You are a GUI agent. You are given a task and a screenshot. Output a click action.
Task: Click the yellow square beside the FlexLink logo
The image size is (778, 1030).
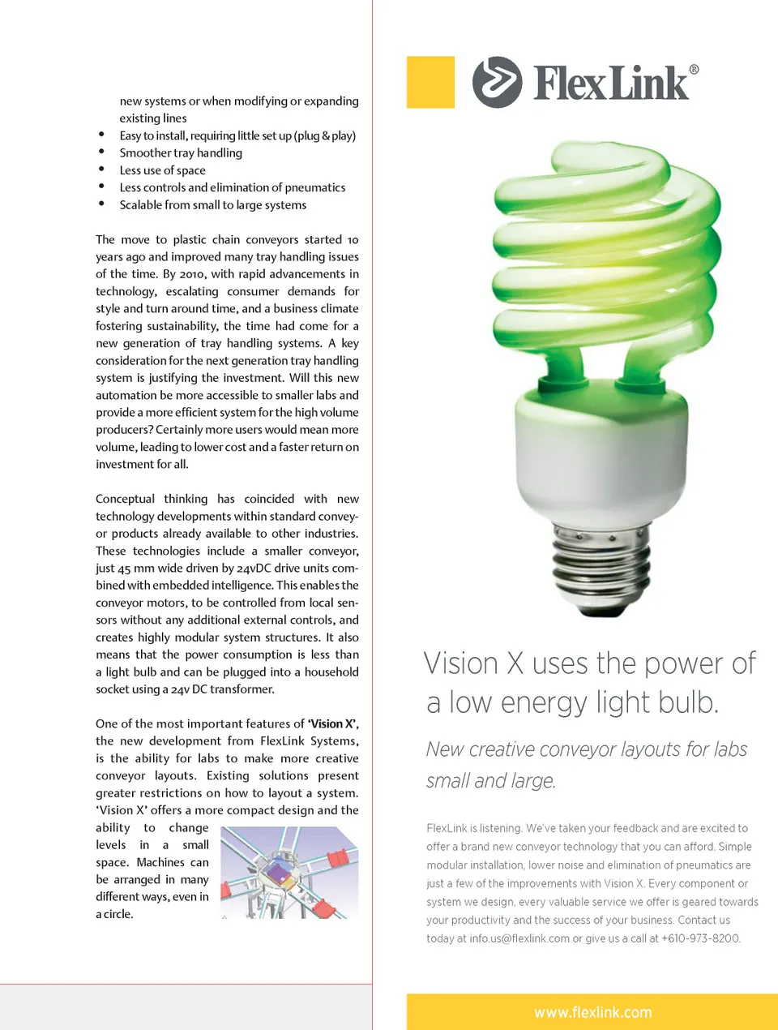tap(430, 82)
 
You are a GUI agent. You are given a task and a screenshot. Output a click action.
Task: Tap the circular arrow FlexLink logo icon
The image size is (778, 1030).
tap(497, 82)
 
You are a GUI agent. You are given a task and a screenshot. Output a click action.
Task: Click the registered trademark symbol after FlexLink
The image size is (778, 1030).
tap(694, 70)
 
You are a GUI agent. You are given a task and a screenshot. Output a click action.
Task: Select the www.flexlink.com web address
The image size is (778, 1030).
tap(592, 1012)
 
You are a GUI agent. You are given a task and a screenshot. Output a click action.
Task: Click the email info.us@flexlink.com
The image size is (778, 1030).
tap(519, 938)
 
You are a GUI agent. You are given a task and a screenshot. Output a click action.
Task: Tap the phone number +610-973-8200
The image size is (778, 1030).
tap(700, 938)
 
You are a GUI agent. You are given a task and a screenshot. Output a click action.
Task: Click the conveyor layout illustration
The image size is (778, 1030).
tap(289, 873)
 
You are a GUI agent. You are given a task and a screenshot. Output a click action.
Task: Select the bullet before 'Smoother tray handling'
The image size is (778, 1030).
tap(101, 152)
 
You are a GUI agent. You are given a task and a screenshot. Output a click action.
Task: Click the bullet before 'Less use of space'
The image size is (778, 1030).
tap(101, 170)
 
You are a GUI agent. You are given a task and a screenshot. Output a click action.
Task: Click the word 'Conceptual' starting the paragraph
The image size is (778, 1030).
tap(125, 499)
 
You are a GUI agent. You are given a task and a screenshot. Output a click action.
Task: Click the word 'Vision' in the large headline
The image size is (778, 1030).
tap(461, 663)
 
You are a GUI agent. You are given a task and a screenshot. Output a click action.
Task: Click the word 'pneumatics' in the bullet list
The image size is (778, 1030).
tap(314, 187)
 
